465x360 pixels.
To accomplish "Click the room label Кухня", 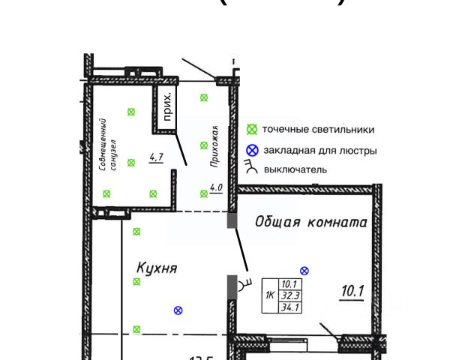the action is tap(156, 266).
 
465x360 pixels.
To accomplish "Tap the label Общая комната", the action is tap(310, 222).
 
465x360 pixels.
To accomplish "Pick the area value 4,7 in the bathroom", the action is tap(157, 157).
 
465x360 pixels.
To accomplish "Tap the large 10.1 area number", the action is tap(352, 289).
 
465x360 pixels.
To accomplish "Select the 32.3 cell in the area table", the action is tap(289, 295).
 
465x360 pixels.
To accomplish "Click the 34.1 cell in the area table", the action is tap(289, 306).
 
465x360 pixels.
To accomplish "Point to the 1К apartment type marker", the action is tap(269, 295).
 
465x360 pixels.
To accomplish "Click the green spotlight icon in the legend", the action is tap(253, 130).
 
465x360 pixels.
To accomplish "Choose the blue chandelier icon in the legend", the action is tap(253, 151).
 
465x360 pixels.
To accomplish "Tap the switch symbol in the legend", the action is tap(252, 167).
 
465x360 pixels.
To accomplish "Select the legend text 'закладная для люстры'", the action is tap(321, 151).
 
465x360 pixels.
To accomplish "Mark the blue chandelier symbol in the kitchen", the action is tap(178, 310).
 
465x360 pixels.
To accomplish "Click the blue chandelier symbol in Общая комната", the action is tap(304, 270).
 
